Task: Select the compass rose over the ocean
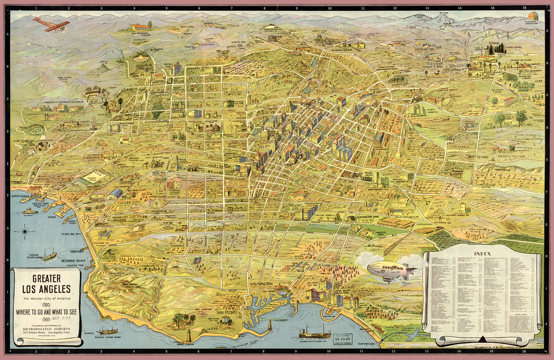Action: point(26,232)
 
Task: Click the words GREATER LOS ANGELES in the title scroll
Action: point(46,283)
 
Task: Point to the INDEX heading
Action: point(482,253)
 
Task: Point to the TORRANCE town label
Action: point(178,246)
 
